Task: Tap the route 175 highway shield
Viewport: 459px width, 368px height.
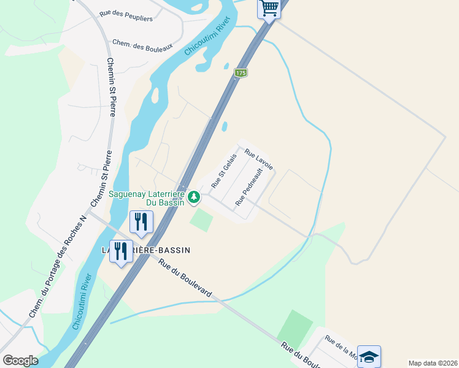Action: point(240,73)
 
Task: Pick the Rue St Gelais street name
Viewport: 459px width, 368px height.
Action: point(224,171)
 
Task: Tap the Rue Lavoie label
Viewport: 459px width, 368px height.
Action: point(258,159)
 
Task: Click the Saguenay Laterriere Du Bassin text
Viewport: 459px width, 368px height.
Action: point(147,197)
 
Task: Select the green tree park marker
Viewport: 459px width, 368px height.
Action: point(194,197)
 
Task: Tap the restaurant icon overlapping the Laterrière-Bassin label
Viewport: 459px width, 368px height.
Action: point(121,251)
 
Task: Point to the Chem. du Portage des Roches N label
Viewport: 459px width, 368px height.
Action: point(59,267)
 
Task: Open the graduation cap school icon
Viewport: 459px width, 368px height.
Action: point(369,356)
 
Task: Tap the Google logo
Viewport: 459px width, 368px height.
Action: point(20,361)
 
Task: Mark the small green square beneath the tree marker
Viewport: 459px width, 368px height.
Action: point(201,219)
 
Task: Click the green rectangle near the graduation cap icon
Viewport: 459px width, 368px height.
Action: point(295,328)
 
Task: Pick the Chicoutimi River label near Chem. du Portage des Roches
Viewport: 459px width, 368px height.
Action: point(82,301)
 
